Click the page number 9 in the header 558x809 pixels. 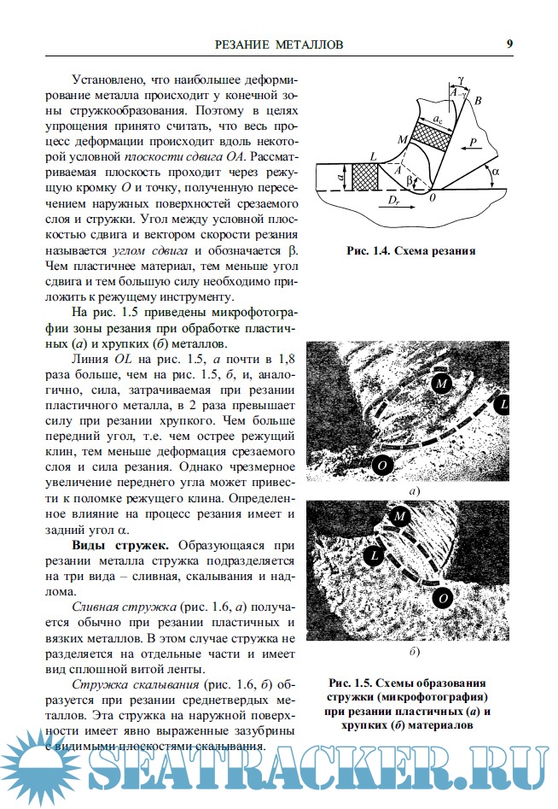(509, 44)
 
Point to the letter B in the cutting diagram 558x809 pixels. (479, 102)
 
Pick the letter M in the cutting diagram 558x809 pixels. (402, 138)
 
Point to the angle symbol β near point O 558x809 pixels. (409, 181)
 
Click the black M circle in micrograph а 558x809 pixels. (440, 383)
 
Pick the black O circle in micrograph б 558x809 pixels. (442, 599)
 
